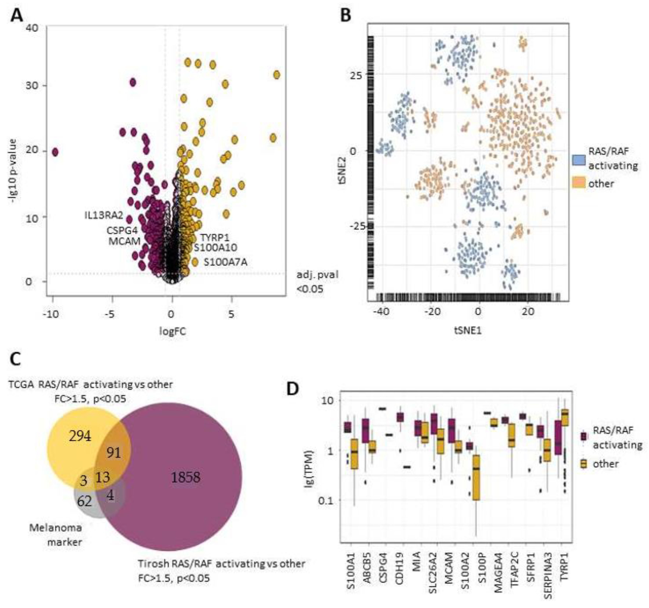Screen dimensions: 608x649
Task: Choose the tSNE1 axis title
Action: [468, 330]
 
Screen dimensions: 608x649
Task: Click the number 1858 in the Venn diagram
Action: [186, 477]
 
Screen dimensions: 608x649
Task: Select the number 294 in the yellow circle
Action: [80, 436]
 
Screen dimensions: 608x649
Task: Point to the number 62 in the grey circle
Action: [84, 501]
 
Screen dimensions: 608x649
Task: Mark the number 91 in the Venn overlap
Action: [114, 453]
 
